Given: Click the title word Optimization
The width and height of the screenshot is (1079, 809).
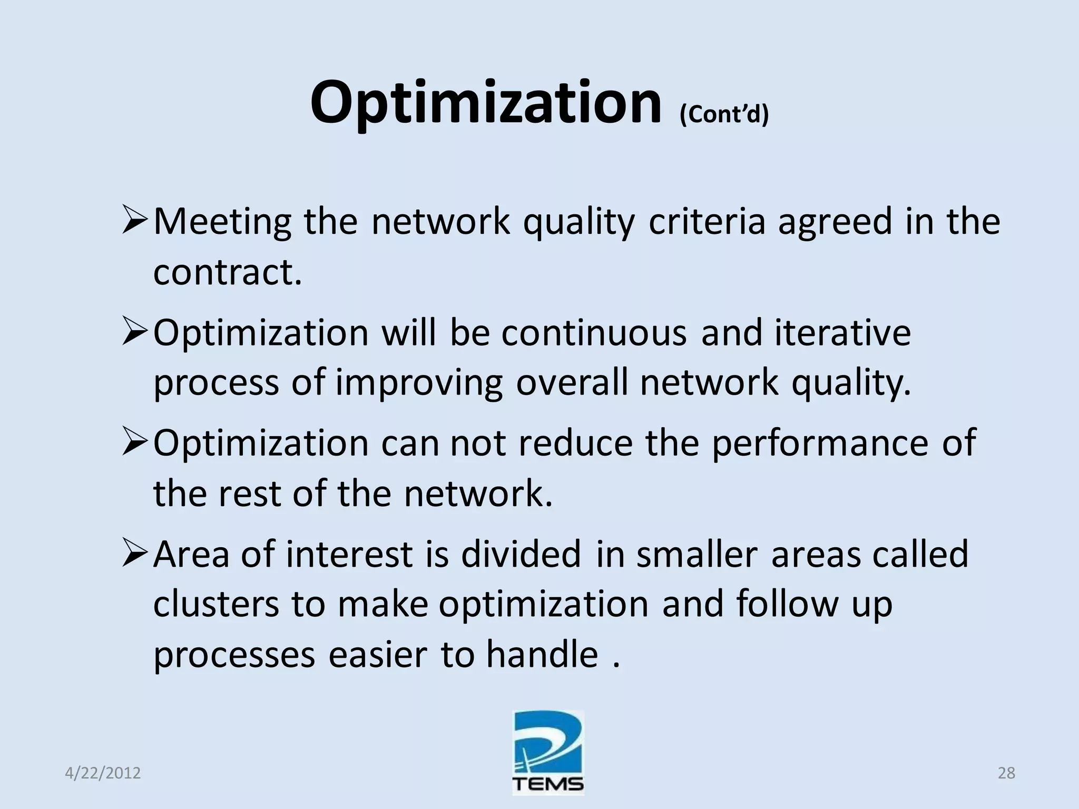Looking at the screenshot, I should (x=485, y=103).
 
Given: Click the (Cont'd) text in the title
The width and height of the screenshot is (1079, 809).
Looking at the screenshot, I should (x=724, y=114).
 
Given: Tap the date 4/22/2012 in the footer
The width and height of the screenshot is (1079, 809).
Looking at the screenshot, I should (x=103, y=773).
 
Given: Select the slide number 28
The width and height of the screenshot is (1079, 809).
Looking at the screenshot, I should (x=1006, y=773).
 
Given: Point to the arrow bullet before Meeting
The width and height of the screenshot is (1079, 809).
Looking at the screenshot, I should (x=135, y=222).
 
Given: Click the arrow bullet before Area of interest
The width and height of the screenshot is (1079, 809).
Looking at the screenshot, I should (x=135, y=555).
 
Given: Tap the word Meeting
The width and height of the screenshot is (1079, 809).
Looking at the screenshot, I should (x=222, y=222).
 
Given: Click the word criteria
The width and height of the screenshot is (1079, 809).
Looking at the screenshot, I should (x=707, y=222).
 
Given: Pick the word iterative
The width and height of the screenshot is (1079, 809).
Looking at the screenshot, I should (x=842, y=333).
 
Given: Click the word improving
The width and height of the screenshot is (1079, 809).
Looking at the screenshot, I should (x=419, y=383).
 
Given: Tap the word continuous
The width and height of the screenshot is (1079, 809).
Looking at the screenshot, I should (x=594, y=333).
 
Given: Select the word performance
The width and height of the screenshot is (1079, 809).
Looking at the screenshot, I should (x=820, y=443).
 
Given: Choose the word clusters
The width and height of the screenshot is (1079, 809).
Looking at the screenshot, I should (x=216, y=605).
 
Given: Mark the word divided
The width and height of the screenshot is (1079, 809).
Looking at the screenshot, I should (x=521, y=555).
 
